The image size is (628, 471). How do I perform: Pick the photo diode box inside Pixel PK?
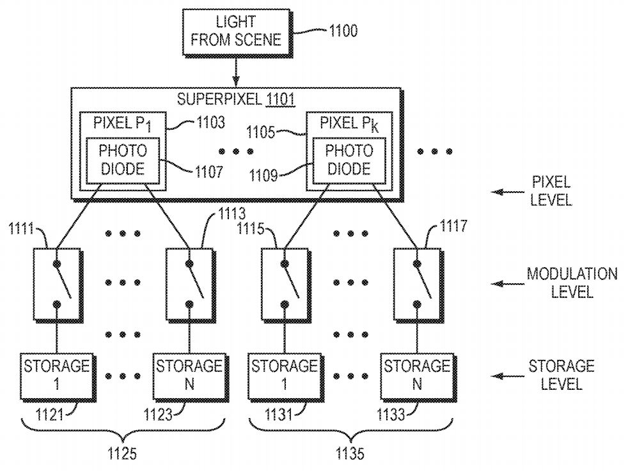(348, 160)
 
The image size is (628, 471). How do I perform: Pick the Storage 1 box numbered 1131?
(284, 374)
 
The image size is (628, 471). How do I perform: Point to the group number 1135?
(349, 455)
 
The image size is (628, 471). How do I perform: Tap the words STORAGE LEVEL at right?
(561, 375)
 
